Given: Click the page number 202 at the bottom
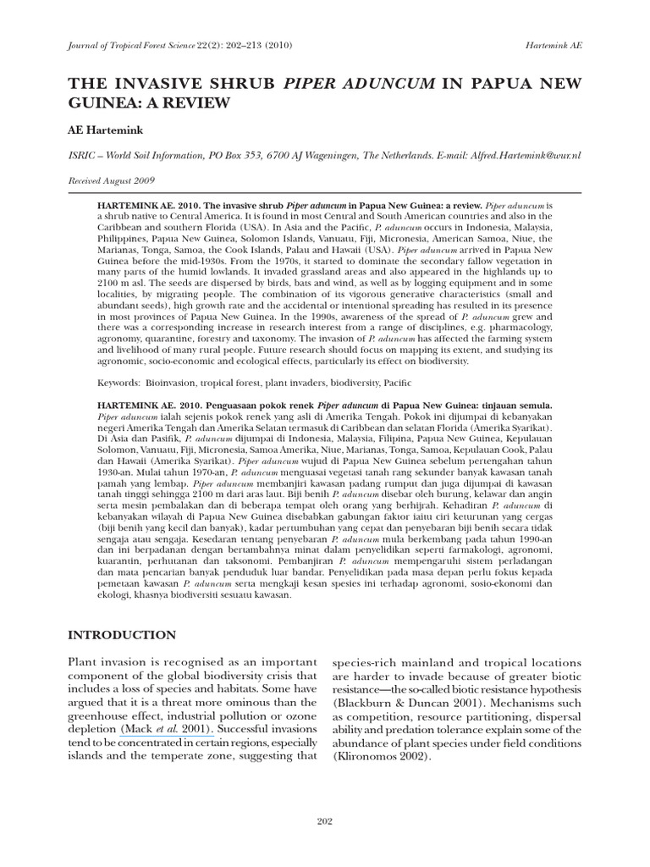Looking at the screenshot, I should [x=325, y=821].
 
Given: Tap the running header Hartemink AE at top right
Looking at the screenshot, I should [x=554, y=45].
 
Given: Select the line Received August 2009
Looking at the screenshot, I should [x=110, y=180].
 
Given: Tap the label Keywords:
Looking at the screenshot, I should [x=118, y=384].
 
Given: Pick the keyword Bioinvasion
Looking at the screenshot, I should [x=171, y=384].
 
